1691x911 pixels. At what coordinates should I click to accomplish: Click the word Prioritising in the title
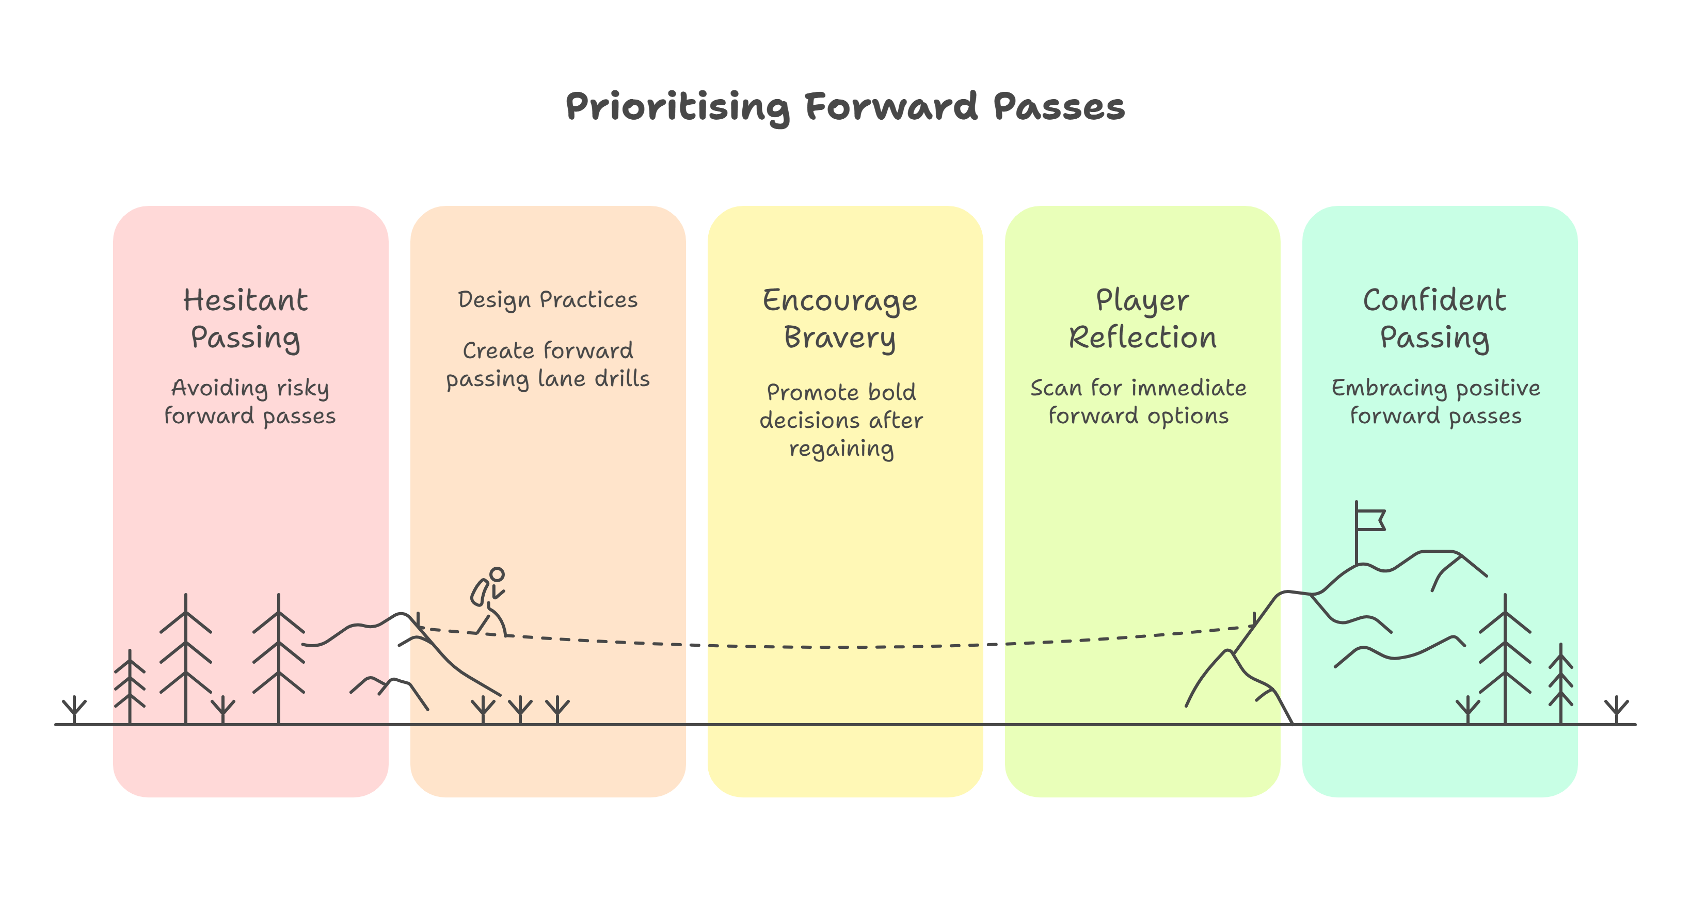tap(677, 107)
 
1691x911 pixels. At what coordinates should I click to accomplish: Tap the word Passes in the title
tap(1058, 107)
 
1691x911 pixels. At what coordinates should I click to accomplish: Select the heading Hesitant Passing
tap(246, 319)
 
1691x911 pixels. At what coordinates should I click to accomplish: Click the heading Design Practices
tap(548, 300)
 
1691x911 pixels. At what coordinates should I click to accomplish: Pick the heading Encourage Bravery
tap(840, 319)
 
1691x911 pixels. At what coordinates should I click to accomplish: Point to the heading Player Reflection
tap(1142, 319)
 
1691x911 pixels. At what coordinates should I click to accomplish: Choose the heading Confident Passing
tap(1435, 319)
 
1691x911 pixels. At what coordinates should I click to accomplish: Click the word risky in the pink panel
tap(302, 388)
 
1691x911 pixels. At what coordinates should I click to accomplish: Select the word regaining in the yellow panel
tap(841, 450)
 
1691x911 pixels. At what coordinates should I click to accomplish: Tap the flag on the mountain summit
tap(1370, 520)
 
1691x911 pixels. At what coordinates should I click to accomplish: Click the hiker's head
tap(497, 575)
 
